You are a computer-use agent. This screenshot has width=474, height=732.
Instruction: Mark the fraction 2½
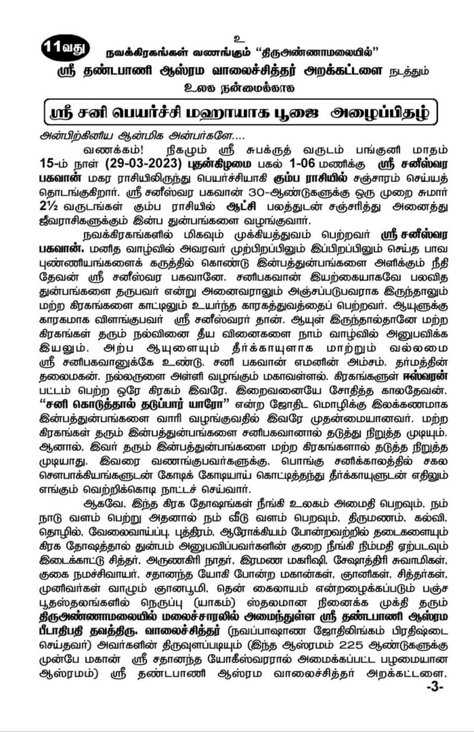[48, 207]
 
